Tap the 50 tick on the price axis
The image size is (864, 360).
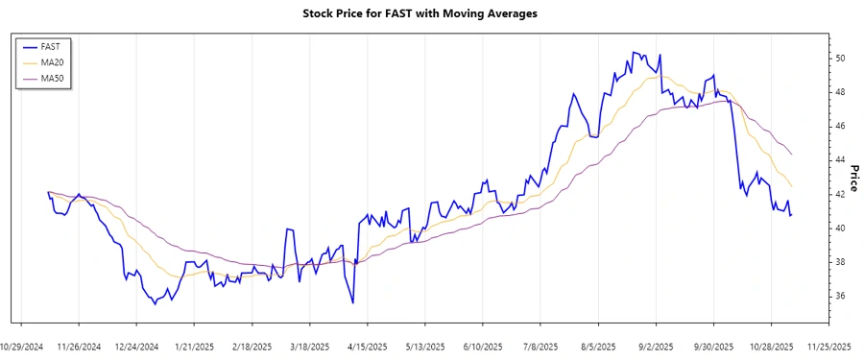[839, 58]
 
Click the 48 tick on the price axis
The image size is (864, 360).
[839, 92]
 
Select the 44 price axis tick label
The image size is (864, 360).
[839, 160]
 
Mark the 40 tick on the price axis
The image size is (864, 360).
[839, 228]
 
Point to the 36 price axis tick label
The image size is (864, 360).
[839, 297]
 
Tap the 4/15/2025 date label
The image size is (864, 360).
[367, 346]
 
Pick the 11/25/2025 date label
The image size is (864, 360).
[828, 346]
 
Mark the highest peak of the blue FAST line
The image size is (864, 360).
[634, 52]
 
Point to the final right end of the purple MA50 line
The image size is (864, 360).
[791, 154]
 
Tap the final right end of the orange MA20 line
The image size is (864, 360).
[791, 186]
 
